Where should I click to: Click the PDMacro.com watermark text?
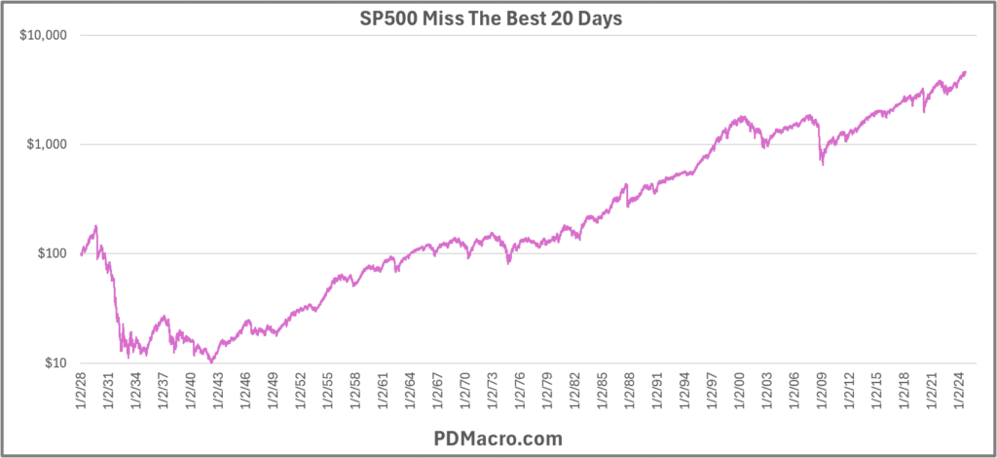[498, 438]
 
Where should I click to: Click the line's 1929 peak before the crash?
[96, 226]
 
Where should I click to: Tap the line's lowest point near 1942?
[211, 363]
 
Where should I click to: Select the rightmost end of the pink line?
[966, 71]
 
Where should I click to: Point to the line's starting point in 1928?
[81, 254]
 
